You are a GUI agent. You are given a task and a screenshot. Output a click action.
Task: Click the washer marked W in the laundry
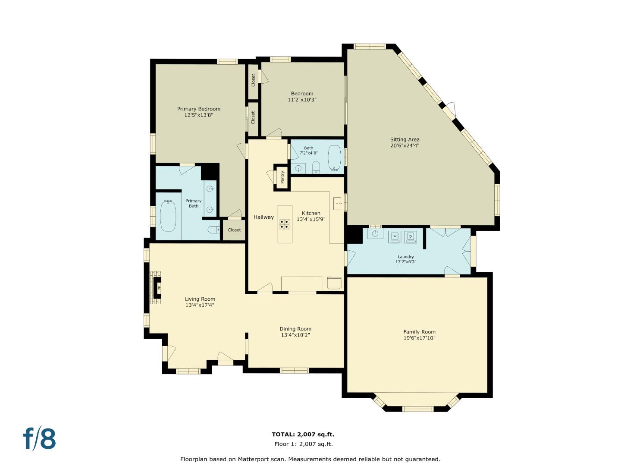click(395, 236)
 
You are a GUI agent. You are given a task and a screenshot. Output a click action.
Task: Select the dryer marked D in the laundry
click(411, 236)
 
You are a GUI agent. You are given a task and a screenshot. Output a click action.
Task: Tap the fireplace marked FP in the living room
click(158, 287)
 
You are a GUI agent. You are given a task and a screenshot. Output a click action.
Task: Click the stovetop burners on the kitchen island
click(285, 224)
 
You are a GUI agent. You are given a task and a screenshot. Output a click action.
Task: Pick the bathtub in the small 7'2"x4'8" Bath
click(334, 158)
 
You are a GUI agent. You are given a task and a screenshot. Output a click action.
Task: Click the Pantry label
click(282, 177)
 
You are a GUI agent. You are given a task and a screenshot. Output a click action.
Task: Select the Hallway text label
click(263, 217)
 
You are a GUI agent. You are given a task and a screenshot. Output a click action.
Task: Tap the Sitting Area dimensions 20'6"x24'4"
click(405, 146)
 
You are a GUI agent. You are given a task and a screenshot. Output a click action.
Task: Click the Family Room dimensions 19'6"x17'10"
click(419, 338)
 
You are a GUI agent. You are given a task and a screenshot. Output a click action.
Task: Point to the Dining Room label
click(295, 329)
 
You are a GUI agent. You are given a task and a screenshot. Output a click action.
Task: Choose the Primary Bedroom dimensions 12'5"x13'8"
click(198, 115)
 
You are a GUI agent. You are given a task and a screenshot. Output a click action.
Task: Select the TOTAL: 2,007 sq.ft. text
click(303, 435)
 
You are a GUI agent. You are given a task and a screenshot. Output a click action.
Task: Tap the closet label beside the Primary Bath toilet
click(234, 230)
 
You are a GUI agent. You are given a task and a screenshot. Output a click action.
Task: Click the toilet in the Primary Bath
click(214, 230)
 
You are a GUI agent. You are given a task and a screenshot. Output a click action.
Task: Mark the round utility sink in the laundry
click(376, 233)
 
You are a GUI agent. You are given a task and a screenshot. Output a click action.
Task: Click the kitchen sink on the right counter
click(337, 202)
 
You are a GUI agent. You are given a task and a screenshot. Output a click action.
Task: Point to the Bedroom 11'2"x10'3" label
click(302, 97)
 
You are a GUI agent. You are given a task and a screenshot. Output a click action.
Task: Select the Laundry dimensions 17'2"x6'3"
click(405, 261)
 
